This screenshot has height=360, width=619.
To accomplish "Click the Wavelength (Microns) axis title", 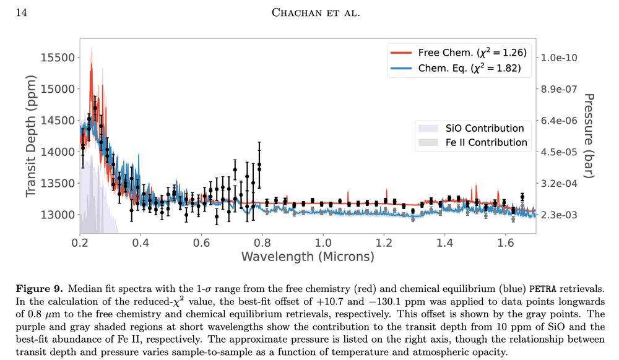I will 308,256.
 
